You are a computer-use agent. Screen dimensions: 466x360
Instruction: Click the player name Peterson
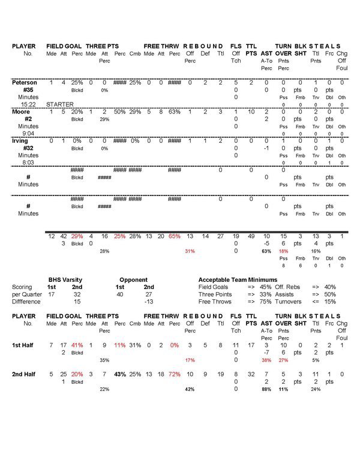pos(25,82)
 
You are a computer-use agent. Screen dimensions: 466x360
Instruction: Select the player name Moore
pos(22,112)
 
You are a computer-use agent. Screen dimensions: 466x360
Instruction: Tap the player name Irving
pos(21,141)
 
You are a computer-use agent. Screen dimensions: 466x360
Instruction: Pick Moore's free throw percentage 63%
pos(174,112)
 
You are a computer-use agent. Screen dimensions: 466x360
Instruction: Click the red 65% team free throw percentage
pos(174,237)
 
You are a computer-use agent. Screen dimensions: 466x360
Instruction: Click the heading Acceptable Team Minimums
pos(238,279)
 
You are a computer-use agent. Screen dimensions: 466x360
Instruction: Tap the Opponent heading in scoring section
pos(133,279)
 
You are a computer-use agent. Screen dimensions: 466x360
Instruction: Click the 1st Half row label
pos(25,345)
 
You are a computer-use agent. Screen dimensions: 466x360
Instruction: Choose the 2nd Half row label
pos(25,374)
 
